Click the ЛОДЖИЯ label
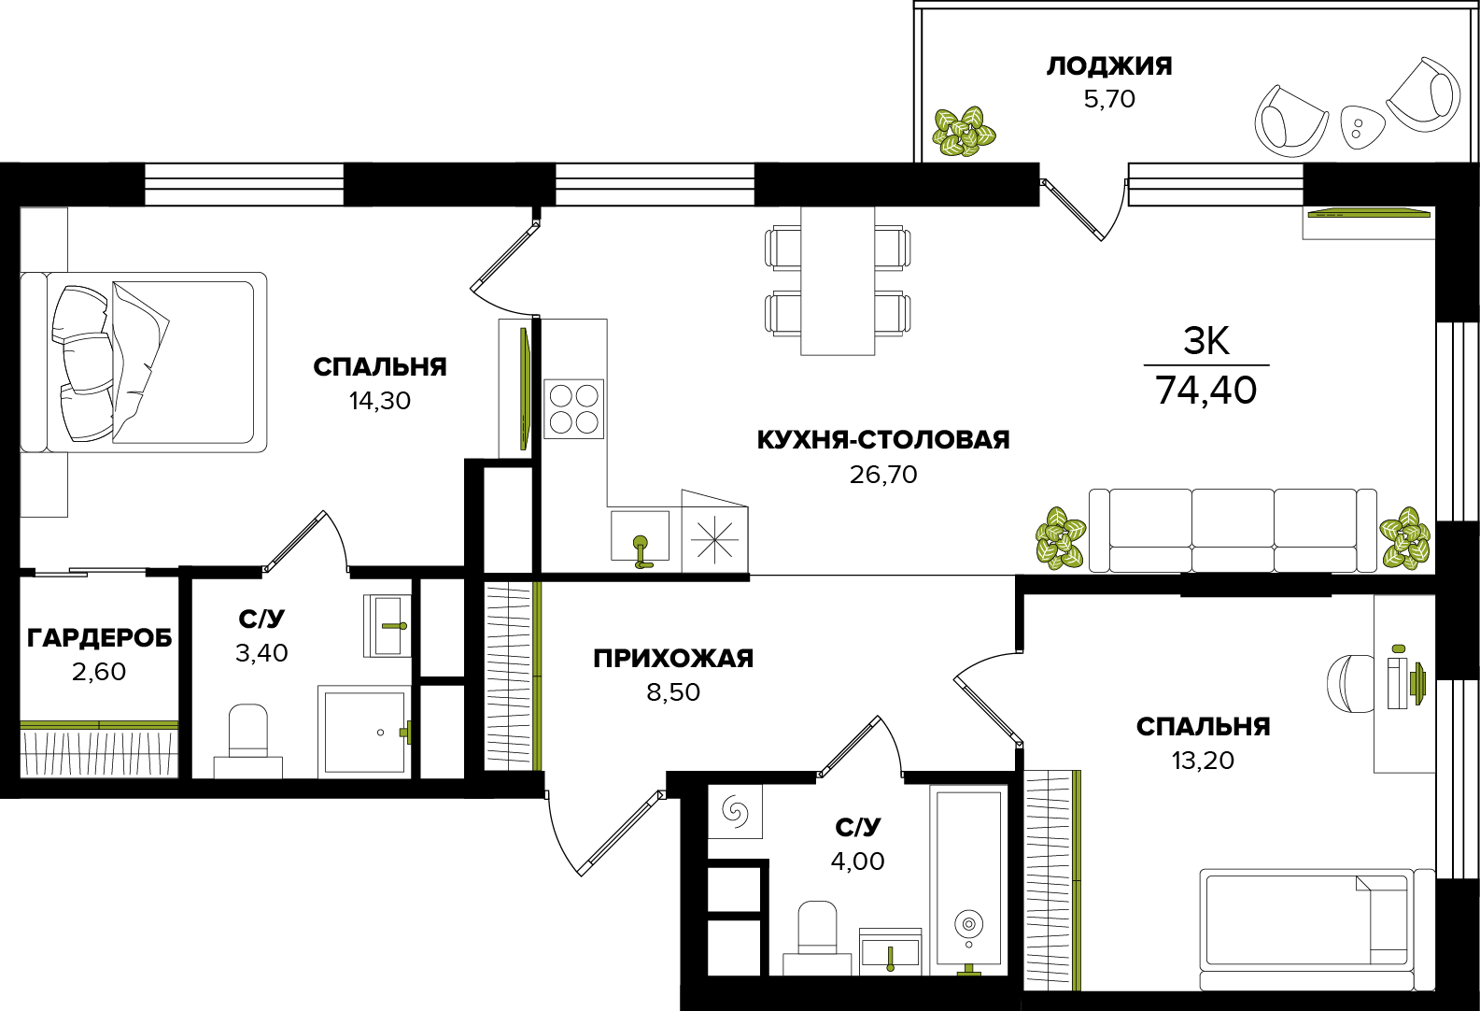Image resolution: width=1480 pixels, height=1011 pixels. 1108,66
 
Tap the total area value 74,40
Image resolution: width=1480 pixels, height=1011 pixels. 1205,391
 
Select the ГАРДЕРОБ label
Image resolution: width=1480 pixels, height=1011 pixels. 100,638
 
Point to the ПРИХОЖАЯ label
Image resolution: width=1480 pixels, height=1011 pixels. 673,659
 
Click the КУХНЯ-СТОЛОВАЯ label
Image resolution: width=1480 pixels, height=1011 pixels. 883,440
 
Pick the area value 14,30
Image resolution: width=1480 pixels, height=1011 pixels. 380,401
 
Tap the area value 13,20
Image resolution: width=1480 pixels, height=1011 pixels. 1204,761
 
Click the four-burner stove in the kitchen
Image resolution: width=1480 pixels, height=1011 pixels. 573,408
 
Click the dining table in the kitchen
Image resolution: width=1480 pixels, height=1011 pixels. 838,281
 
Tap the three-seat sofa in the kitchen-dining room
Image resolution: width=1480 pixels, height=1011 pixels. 1233,531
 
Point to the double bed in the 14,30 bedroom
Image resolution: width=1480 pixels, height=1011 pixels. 144,363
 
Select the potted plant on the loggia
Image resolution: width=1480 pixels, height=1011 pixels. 964,132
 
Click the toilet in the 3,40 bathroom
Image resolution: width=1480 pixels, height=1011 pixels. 247,741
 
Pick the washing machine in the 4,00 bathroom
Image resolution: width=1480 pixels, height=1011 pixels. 735,811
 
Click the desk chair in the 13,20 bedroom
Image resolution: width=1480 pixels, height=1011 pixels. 1350,683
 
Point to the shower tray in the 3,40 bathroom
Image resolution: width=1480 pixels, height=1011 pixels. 364,732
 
